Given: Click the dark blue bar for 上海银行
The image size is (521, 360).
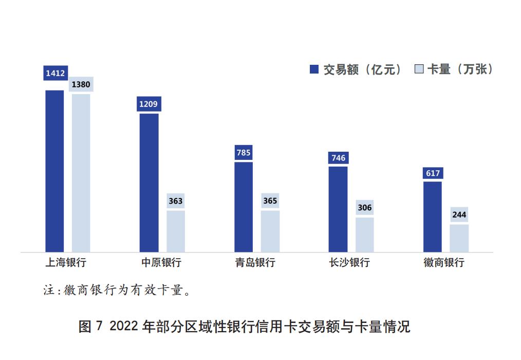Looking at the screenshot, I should (x=55, y=171).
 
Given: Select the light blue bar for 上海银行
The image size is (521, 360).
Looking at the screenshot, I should (x=81, y=173).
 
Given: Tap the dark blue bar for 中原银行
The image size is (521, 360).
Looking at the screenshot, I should (x=149, y=183).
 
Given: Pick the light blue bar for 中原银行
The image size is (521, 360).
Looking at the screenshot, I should (x=176, y=231).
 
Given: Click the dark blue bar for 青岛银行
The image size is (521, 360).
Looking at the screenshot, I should (x=244, y=207).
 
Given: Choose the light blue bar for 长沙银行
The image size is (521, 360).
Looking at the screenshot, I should (x=365, y=235).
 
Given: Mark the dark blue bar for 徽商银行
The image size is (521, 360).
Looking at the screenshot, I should (x=433, y=217).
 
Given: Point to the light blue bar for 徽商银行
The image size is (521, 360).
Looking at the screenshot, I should (x=459, y=238).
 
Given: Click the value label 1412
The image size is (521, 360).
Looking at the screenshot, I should (x=55, y=73).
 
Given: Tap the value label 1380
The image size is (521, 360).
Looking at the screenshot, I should (x=81, y=84).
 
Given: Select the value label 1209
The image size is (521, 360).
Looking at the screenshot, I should (x=149, y=104).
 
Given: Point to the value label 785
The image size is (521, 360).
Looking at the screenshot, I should (x=244, y=153).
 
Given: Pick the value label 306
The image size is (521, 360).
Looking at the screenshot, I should (x=365, y=208).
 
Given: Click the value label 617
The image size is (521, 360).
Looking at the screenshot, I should (x=433, y=173).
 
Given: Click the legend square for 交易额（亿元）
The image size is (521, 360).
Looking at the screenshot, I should (x=314, y=69).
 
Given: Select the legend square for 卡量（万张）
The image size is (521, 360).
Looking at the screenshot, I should (x=419, y=69).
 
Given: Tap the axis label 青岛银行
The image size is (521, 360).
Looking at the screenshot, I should (x=255, y=262).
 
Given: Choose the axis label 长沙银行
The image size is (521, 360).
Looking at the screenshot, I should (x=349, y=262).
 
